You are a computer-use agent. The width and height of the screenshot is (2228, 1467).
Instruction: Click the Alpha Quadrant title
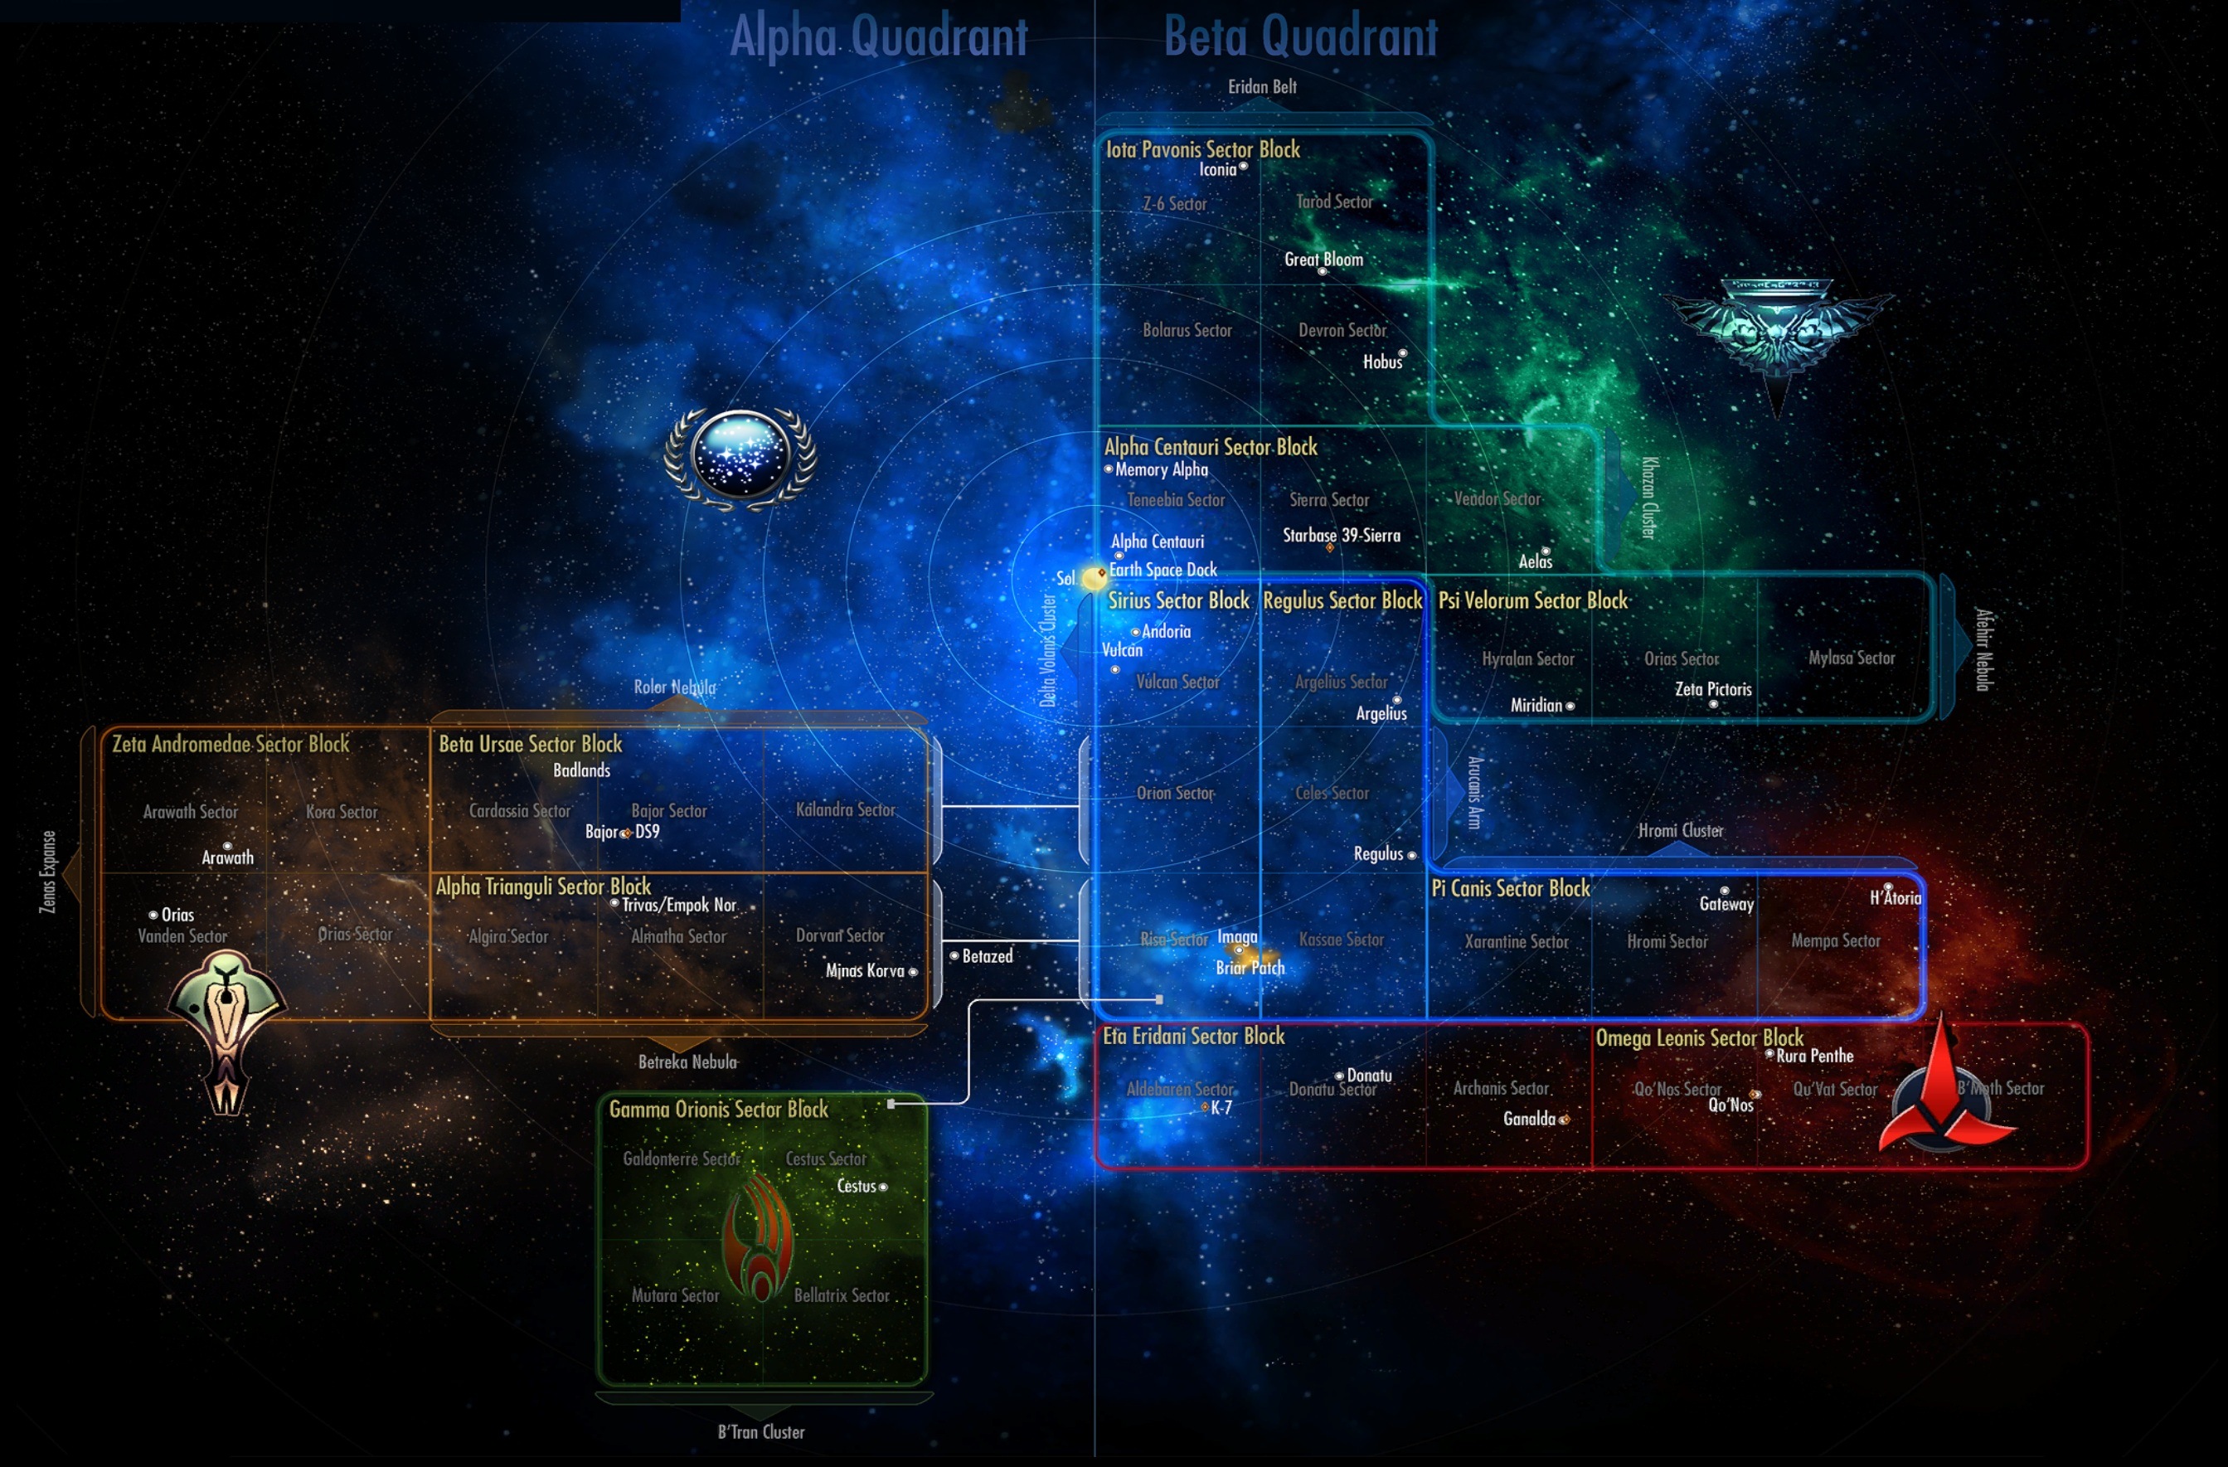click(x=878, y=37)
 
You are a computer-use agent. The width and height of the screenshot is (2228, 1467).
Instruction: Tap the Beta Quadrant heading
click(x=1300, y=37)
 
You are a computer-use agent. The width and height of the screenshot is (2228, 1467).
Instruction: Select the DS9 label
click(x=647, y=831)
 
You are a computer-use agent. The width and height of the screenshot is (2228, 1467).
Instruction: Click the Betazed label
click(x=987, y=956)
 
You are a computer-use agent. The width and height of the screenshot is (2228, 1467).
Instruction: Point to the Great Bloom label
click(x=1323, y=260)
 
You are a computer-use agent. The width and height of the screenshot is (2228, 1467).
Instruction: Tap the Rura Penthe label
click(x=1814, y=1056)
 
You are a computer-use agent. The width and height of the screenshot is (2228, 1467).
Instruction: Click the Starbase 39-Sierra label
click(x=1341, y=536)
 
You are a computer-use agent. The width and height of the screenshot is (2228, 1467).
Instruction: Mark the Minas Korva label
click(x=864, y=971)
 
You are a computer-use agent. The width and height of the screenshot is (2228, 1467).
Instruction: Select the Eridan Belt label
click(x=1262, y=87)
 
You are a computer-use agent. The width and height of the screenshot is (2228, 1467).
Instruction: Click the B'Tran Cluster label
click(x=760, y=1431)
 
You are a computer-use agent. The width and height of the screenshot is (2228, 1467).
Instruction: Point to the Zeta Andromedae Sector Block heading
click(x=231, y=744)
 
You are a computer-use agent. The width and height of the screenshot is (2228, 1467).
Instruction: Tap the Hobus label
click(x=1381, y=362)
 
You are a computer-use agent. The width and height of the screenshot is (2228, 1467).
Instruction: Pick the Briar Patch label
click(x=1250, y=968)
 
